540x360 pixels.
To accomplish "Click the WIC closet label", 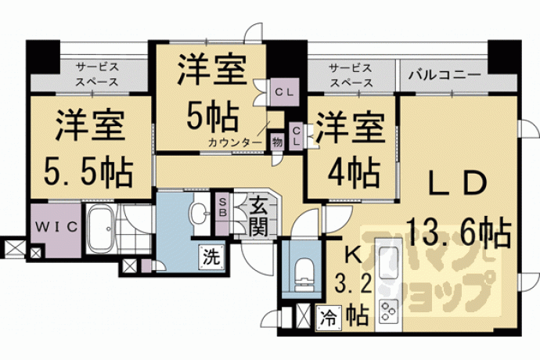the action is pos(56,227).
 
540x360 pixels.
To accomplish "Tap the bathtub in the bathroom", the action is pos(101,229).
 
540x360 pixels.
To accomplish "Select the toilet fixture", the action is pos(303,272).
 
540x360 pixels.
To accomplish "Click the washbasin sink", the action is pos(200,214).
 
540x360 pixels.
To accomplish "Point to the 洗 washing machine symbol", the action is pos(211,257).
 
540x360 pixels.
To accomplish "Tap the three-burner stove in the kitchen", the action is pos(388,311).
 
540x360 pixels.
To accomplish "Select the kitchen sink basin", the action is pos(388,259).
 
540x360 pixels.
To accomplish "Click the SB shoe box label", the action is pos(223,208).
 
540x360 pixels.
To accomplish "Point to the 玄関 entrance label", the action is pos(258,217).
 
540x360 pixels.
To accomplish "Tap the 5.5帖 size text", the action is pos(88,171).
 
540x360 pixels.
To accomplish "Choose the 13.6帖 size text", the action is pos(459,232).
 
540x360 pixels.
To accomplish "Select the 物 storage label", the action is pos(277,142).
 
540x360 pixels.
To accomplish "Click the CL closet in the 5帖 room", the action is pos(284,92).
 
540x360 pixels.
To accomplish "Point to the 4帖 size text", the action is pos(355,171).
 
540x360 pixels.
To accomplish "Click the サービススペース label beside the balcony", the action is pos(351,75).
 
